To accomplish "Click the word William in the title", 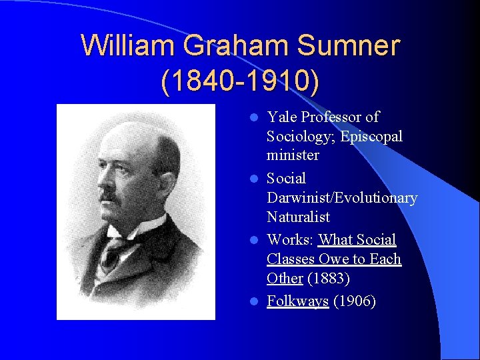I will (127, 46).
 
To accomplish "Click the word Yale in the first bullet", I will (281, 117).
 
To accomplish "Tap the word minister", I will (293, 155).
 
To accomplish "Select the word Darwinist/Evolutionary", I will (342, 198).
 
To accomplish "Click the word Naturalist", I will (298, 217).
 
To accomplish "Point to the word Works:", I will (291, 239).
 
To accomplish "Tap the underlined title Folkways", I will (297, 301).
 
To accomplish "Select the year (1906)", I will (355, 301).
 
